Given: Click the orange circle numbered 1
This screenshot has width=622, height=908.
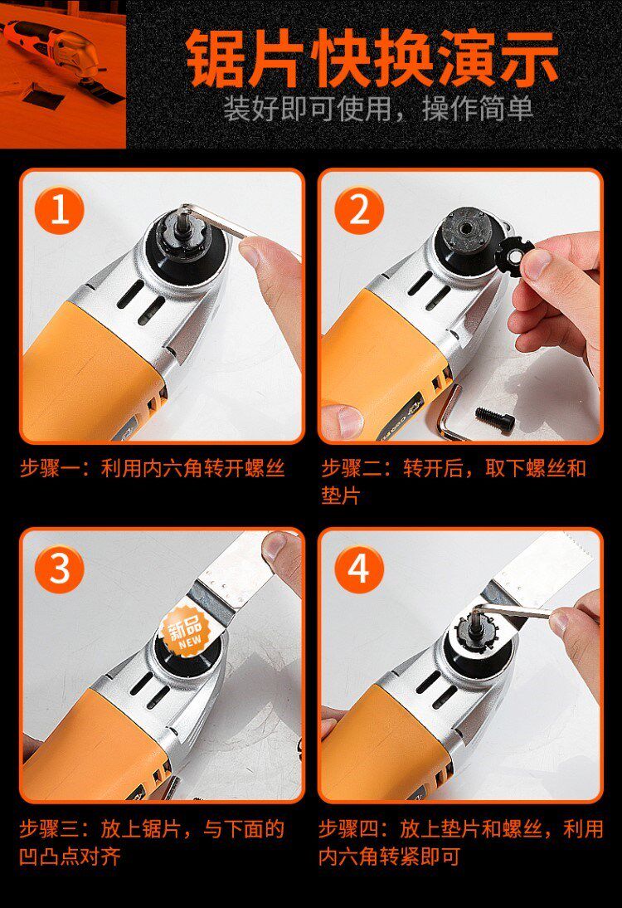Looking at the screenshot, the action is pos(60,210).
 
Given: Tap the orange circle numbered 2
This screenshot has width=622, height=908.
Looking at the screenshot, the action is pos(359,210).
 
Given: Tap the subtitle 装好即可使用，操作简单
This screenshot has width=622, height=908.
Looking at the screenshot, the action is pos(378,108).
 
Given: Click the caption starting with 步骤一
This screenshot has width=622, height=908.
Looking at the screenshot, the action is pos(153,468).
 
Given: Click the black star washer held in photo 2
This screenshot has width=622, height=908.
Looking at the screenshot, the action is pos(516,256).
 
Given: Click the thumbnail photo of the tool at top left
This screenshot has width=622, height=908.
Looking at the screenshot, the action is pos(63,74).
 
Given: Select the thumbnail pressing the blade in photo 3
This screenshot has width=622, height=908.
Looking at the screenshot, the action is pos(281,549).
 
